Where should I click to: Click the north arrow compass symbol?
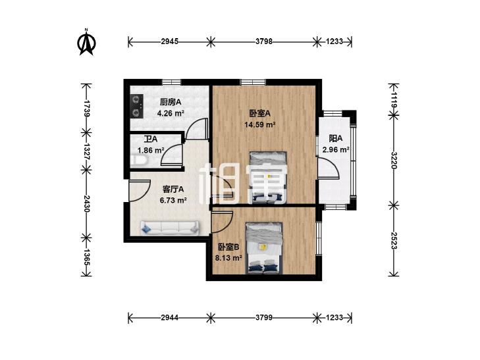point(87,42)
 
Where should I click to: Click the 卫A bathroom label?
point(151,139)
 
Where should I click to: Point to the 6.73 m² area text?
point(173,200)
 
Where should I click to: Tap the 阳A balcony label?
point(336,139)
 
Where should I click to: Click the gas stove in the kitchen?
point(137,106)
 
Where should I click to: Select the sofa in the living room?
point(169,228)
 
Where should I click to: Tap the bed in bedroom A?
point(269,177)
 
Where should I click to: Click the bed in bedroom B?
point(264,247)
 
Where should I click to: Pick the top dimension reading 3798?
point(264,41)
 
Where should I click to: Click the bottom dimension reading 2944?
point(170,317)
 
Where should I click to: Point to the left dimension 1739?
point(87,108)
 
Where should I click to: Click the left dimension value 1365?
point(87,257)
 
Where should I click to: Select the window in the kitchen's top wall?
point(171,82)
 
